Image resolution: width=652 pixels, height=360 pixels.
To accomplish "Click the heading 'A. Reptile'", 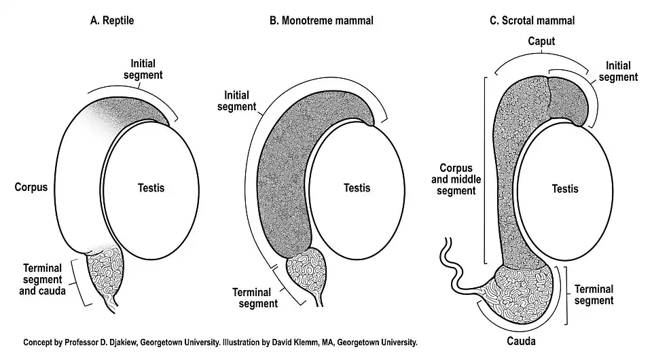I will [112, 20].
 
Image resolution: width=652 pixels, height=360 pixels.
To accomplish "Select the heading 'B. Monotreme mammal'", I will [321, 20].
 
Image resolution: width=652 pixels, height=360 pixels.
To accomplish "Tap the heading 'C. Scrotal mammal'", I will [532, 20].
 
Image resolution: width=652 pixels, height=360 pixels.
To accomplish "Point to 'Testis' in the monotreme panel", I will [357, 187].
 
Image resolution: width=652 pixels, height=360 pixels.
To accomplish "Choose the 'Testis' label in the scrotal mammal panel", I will [565, 187].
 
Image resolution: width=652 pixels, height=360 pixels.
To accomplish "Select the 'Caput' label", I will [542, 42].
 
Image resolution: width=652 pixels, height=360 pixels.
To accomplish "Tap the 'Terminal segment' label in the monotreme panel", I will [256, 298].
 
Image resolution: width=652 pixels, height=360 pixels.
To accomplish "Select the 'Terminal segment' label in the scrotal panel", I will [594, 294].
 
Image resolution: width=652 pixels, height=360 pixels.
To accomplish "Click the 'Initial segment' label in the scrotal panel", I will [619, 71].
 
